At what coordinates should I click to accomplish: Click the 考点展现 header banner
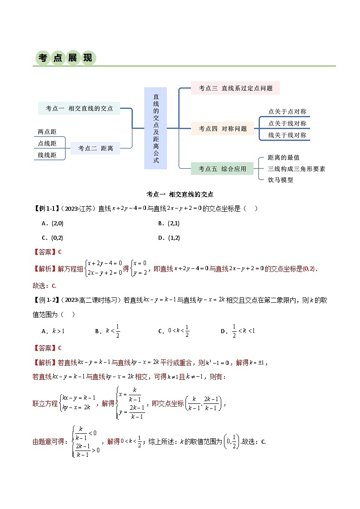[x=66, y=58]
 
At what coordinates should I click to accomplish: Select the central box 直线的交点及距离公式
[x=156, y=128]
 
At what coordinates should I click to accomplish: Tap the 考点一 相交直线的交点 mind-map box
[x=79, y=108]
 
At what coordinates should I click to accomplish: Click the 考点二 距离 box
[x=96, y=148]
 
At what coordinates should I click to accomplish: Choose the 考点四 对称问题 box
[x=223, y=129]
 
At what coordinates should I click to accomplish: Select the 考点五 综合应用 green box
[x=222, y=169]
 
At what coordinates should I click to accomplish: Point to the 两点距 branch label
[x=47, y=132]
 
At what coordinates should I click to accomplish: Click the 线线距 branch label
[x=47, y=155]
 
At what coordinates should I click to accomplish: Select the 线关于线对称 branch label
[x=287, y=135]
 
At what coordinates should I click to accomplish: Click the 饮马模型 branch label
[x=281, y=180]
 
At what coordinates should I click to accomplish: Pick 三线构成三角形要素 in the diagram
[x=297, y=169]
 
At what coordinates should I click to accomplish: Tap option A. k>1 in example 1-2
[x=53, y=331]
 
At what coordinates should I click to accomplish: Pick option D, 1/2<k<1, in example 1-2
[x=238, y=331]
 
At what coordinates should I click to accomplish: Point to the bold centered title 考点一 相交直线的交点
[x=180, y=194]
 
